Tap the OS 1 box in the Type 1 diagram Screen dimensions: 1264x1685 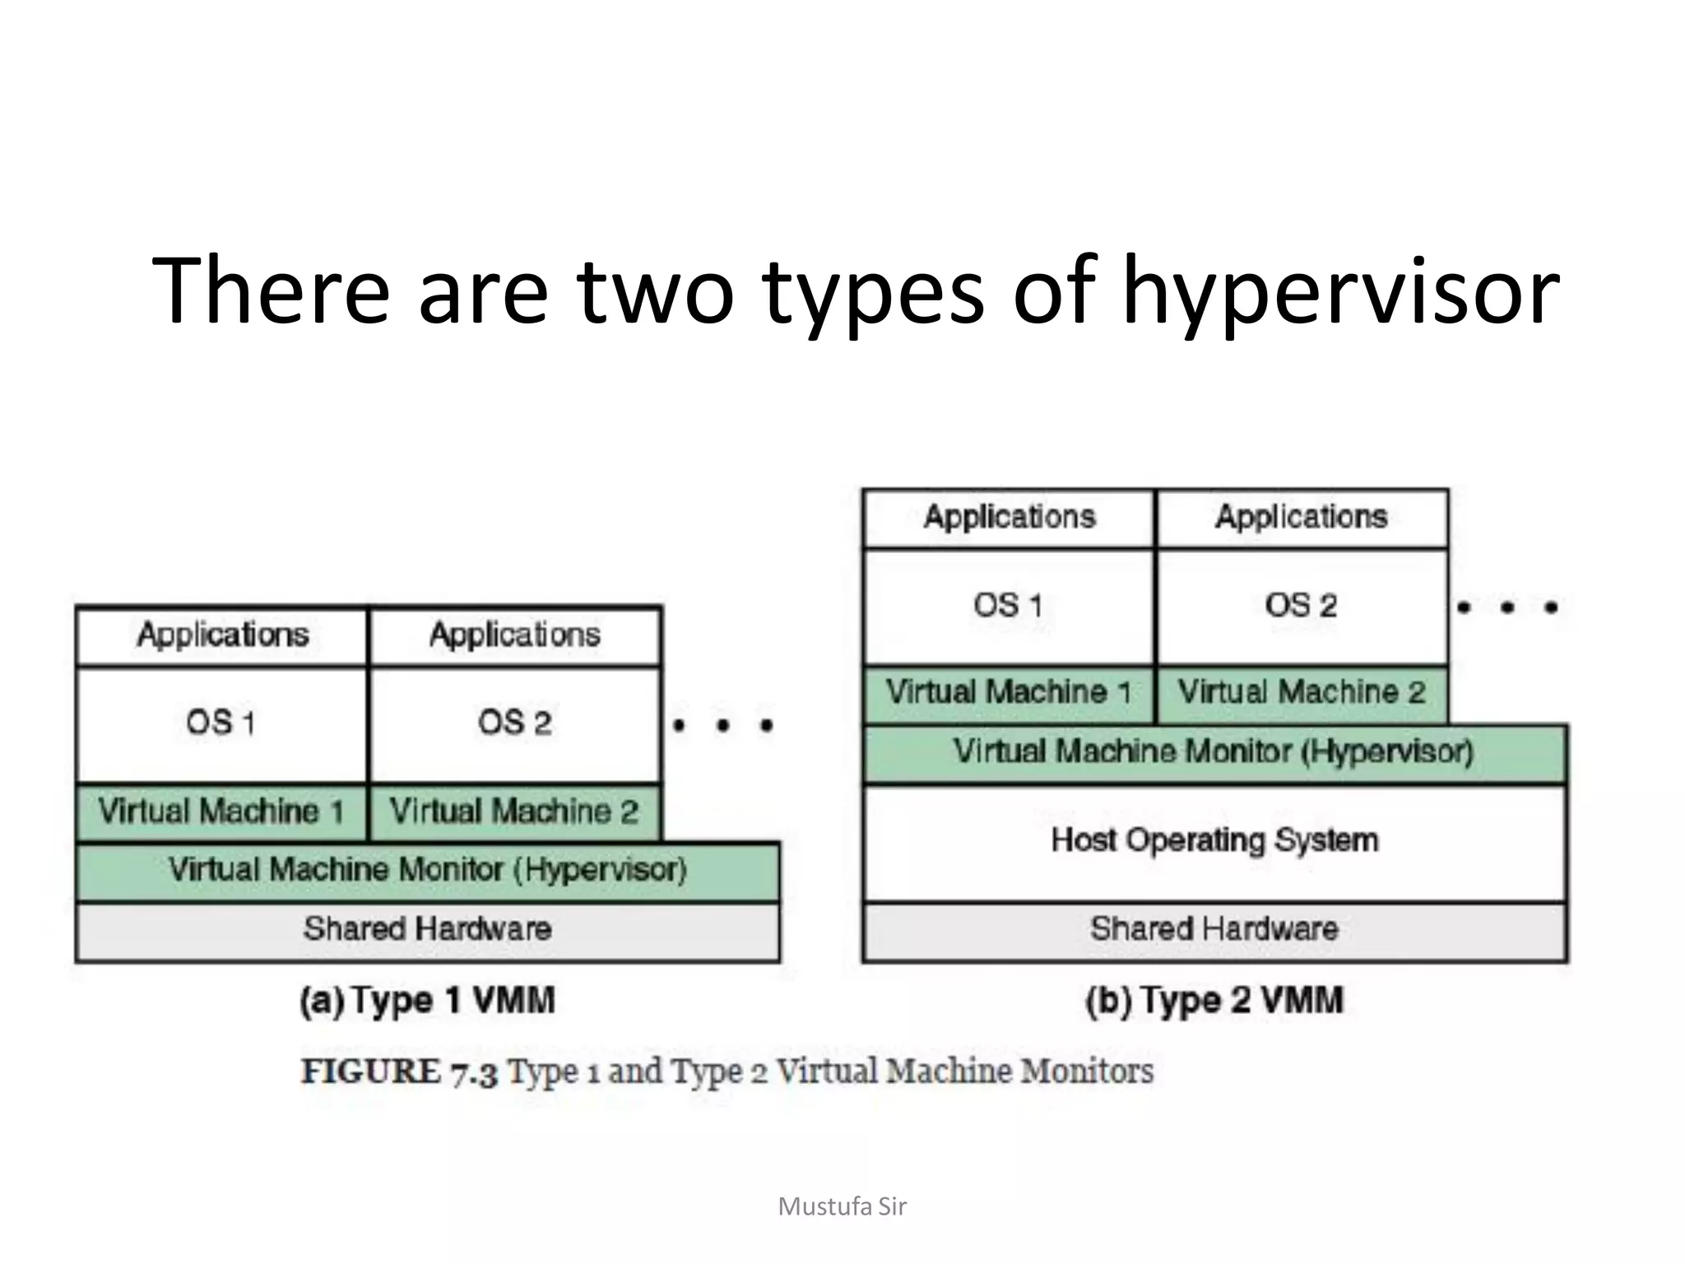pos(220,723)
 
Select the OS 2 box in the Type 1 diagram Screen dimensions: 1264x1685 pos(514,723)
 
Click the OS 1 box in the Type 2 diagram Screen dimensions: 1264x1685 pos(1008,606)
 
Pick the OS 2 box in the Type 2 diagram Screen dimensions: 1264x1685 pos(1301,606)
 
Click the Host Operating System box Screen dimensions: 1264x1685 pos(1214,841)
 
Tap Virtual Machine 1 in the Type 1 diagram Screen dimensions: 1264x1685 pos(220,811)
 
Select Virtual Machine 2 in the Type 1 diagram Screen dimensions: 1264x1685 pos(514,811)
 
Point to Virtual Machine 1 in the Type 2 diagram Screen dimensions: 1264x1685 pos(1008,693)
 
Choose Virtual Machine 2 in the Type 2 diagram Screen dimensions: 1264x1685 pos(1301,693)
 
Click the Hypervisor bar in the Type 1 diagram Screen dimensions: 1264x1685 pos(427,871)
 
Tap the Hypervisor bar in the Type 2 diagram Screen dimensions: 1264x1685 pos(1214,752)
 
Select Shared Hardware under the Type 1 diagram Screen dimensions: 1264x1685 pos(427,930)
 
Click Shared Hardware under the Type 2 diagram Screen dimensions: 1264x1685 pos(1214,930)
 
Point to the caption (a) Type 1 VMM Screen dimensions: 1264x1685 pos(427,1001)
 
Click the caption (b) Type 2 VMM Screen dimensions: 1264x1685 pos(1214,1001)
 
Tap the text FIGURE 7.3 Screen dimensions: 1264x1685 pos(399,1072)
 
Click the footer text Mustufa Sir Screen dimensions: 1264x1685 pos(842,1206)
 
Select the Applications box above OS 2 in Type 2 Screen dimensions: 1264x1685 pos(1301,518)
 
